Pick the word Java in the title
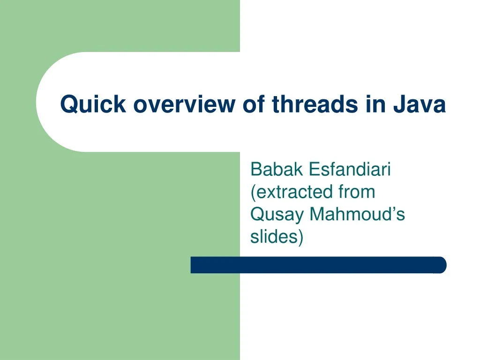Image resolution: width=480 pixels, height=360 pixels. pyautogui.click(x=419, y=104)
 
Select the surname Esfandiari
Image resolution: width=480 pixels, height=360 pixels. pyautogui.click(x=350, y=169)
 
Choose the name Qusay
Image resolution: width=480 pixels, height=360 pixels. pyautogui.click(x=277, y=215)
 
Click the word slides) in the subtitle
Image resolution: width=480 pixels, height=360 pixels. pyautogui.click(x=277, y=237)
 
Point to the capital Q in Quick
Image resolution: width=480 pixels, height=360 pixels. pyautogui.click(x=68, y=104)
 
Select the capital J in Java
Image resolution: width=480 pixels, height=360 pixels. pyautogui.click(x=399, y=104)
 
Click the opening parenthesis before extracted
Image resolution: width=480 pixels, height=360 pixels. pyautogui.click(x=253, y=192)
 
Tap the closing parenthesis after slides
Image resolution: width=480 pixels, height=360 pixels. pyautogui.click(x=301, y=237)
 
